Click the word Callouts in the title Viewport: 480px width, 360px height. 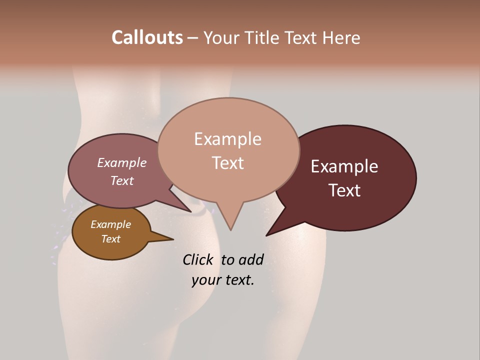tap(147, 37)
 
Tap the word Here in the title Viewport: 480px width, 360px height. tap(341, 37)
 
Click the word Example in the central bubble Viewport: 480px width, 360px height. tap(227, 139)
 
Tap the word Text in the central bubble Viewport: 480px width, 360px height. tap(227, 163)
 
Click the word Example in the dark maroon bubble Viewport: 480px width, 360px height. tap(344, 166)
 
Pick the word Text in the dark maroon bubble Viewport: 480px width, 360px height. tap(344, 190)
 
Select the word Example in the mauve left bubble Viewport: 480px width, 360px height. tap(122, 163)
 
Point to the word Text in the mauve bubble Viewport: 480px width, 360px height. tap(122, 180)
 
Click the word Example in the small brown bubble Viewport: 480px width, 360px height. tap(110, 224)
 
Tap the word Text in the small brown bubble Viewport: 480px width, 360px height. tap(110, 239)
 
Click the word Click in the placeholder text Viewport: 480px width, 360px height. tap(198, 259)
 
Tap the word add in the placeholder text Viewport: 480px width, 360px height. tap(250, 259)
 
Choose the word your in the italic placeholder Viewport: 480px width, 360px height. tap(205, 280)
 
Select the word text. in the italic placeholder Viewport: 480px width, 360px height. tap(238, 280)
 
